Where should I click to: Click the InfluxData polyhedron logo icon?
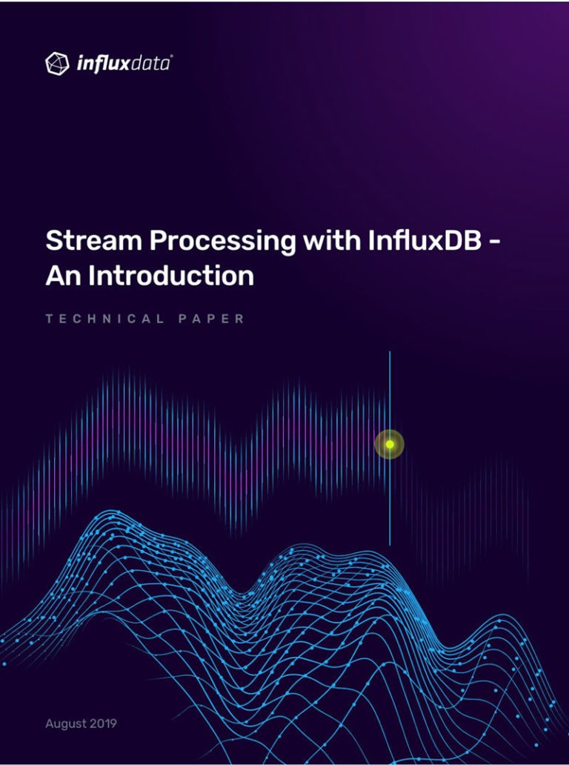57,64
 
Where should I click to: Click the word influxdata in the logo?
122,64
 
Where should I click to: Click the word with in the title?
332,240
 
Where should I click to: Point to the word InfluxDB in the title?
425,240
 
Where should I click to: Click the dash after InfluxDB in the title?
494,243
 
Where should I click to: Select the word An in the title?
64,276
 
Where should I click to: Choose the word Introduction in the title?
171,276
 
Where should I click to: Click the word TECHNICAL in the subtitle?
104,319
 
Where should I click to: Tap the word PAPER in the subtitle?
211,319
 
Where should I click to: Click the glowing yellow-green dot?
390,444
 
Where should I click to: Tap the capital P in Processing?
159,241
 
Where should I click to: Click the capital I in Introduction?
92,276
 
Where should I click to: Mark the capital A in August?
50,723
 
